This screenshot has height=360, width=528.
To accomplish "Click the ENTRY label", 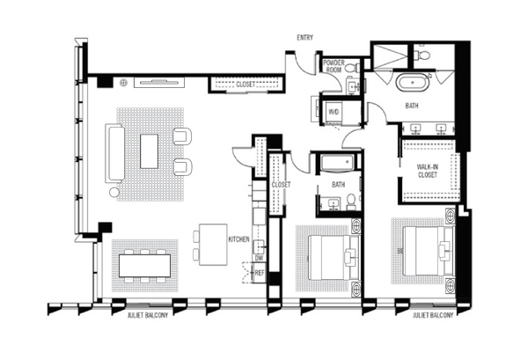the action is click(304, 37).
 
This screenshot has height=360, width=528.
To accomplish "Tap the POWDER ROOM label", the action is click(334, 66).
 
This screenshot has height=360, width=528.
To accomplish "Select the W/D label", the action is click(333, 112).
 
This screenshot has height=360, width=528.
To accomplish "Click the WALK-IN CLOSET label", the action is click(428, 171).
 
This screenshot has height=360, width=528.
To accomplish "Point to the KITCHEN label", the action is click(238, 239).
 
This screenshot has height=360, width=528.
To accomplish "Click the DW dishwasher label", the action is click(259, 258).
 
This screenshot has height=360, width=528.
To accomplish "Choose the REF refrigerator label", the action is click(260, 273).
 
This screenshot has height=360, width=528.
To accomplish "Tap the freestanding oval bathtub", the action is click(412, 83).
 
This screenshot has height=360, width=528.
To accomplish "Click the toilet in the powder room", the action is click(351, 69).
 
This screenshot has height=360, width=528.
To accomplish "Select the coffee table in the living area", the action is click(150, 151).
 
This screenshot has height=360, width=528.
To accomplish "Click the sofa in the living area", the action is click(114, 153).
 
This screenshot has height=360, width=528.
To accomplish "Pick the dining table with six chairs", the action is click(145, 266).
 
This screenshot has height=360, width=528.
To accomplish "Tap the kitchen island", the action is click(213, 245).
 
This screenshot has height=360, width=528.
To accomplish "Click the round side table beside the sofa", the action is click(114, 192).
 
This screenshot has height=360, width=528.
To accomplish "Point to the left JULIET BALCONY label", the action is click(148, 315).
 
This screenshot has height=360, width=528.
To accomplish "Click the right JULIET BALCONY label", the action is click(433, 315).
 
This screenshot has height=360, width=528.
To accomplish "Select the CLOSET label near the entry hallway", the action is click(246, 84).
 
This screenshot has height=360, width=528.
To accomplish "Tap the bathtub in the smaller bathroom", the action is click(339, 163).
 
